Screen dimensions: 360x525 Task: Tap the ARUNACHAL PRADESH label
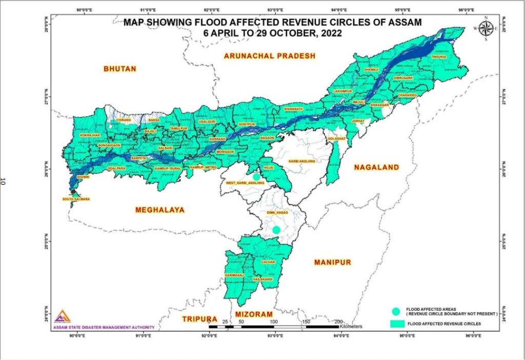pos(269,56)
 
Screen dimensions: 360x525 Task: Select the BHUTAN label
pos(119,69)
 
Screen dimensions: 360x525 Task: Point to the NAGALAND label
pos(376,167)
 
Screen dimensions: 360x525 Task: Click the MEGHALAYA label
pos(159,209)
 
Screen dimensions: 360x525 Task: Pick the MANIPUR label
pos(332,262)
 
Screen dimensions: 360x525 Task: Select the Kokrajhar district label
pos(89,135)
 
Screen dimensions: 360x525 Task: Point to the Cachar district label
pos(268,262)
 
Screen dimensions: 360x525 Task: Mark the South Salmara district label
pos(76,199)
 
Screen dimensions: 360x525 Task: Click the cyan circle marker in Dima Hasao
pos(276,230)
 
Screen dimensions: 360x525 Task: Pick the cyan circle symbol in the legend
pos(395,311)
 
